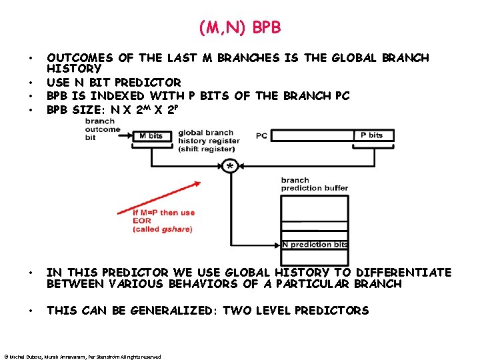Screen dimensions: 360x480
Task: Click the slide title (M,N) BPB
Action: pyautogui.click(x=240, y=27)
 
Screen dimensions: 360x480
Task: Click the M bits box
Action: pyautogui.click(x=152, y=135)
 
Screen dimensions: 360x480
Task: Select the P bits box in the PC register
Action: pyautogui.click(x=372, y=135)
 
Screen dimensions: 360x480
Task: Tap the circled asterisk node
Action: pyautogui.click(x=229, y=165)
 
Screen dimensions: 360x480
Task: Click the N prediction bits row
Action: pyautogui.click(x=314, y=245)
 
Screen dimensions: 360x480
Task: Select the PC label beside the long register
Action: pyautogui.click(x=261, y=136)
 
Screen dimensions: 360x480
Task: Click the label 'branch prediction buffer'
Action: pyautogui.click(x=314, y=184)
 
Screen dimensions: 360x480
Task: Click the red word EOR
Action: pyautogui.click(x=141, y=221)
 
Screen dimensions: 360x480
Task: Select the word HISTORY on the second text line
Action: pyautogui.click(x=73, y=69)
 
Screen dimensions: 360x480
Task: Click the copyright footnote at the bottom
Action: pyautogui.click(x=82, y=357)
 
